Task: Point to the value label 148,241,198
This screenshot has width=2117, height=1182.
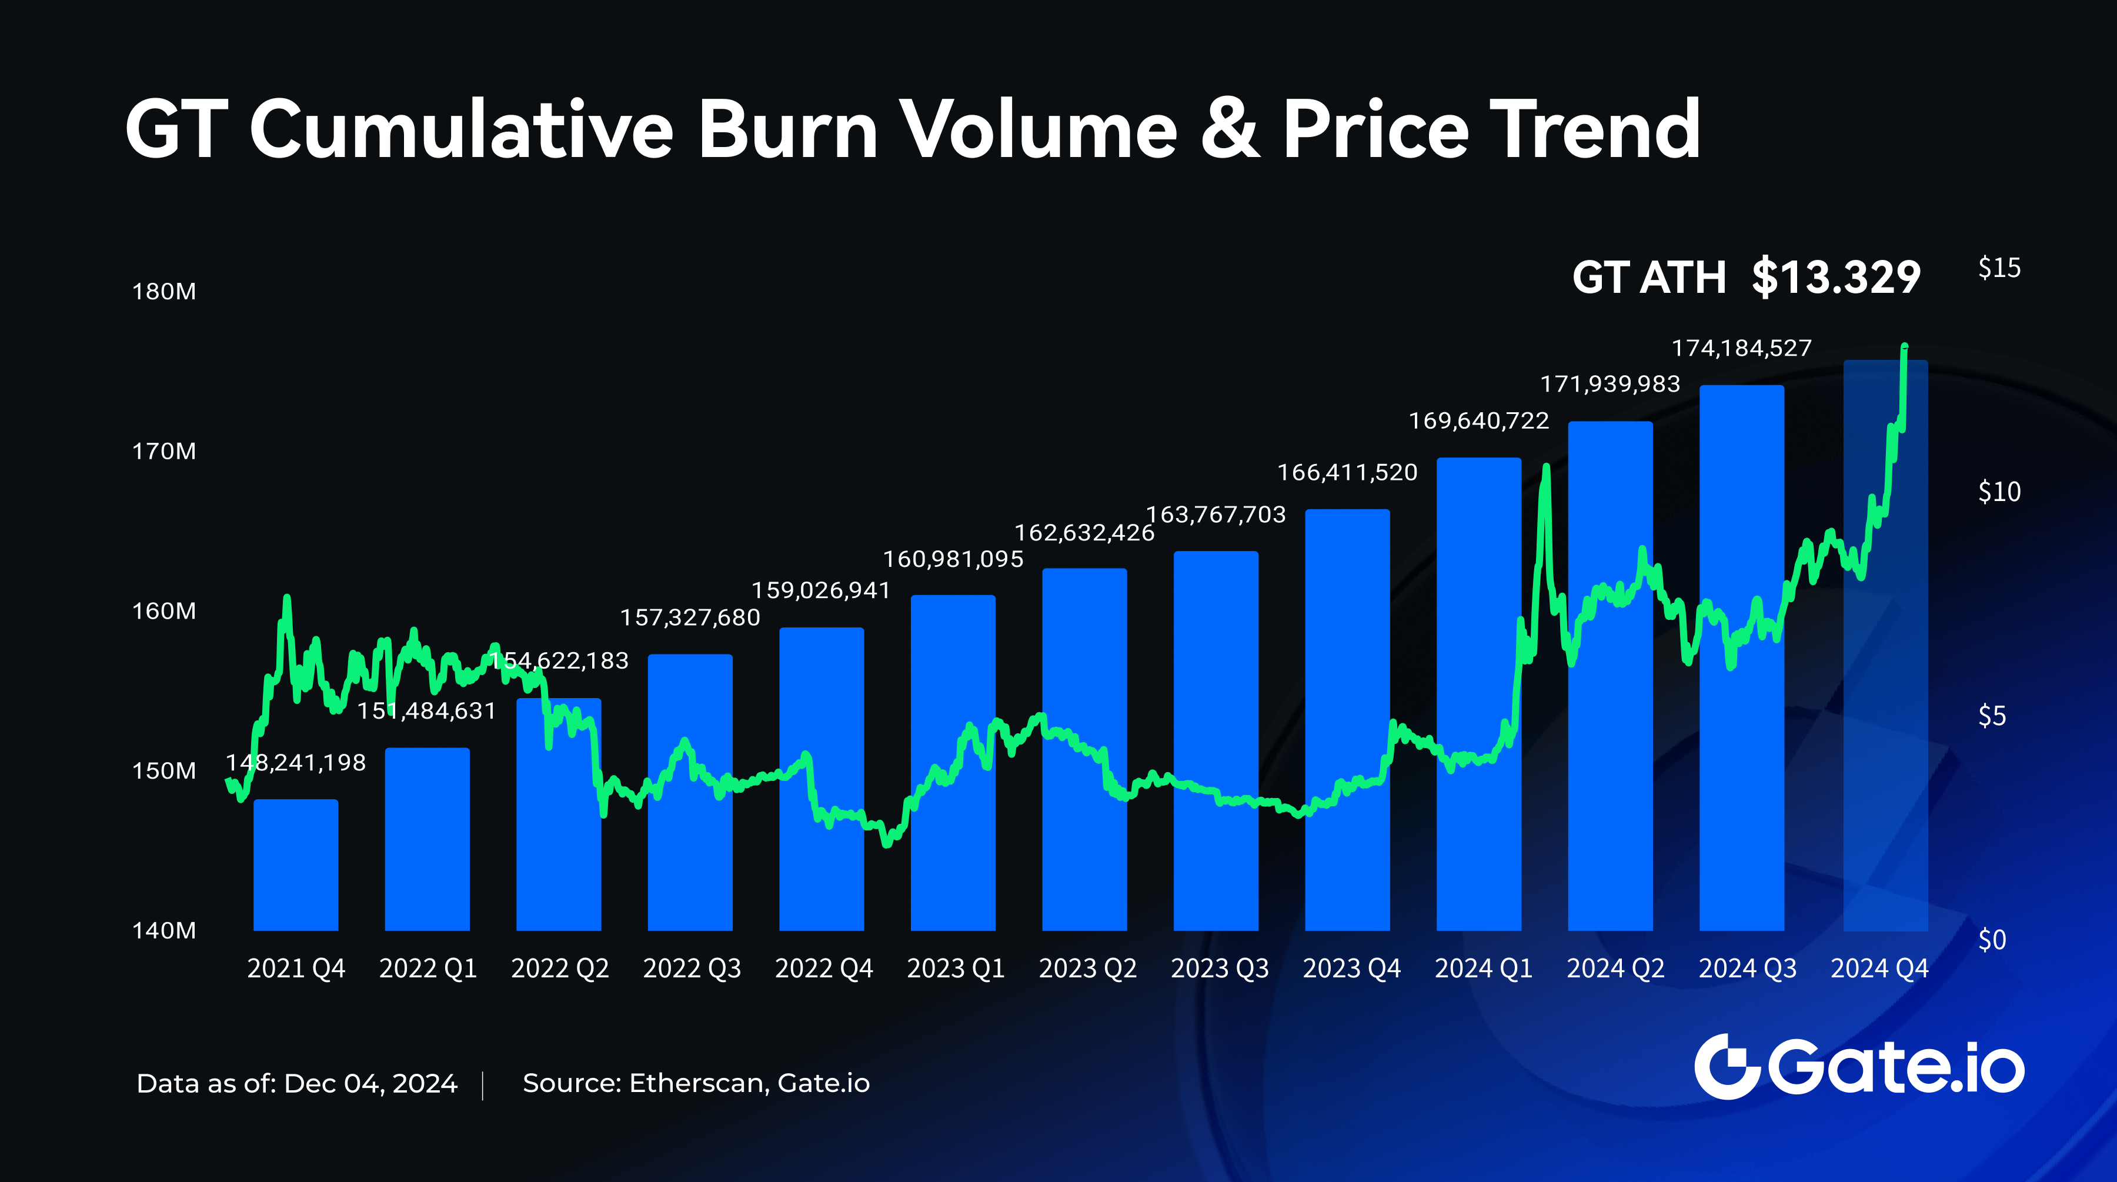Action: point(296,763)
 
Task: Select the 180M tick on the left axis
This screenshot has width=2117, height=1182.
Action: point(165,292)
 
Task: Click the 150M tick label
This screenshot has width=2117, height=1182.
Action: point(165,771)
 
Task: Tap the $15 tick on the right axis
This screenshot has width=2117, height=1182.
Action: point(1999,268)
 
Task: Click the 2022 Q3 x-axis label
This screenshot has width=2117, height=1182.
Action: point(692,969)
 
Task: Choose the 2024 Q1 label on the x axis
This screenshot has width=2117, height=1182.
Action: point(1484,969)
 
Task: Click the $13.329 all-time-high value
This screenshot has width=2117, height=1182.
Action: point(1836,277)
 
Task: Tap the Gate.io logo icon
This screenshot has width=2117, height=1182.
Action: point(1726,1066)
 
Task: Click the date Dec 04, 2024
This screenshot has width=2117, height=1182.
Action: point(370,1083)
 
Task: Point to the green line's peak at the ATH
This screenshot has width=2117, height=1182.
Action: point(1904,347)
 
